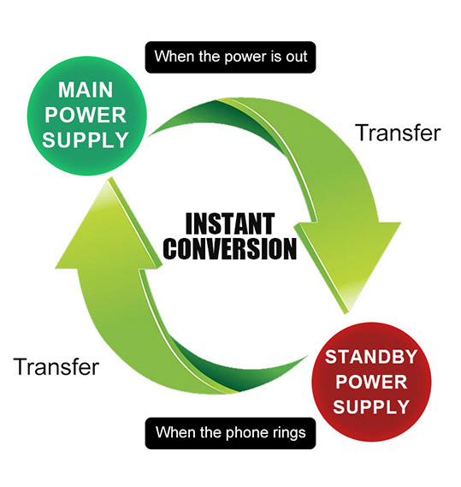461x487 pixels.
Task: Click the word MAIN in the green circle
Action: [x=86, y=90]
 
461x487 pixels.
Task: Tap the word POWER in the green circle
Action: [x=86, y=115]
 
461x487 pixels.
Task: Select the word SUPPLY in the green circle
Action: [x=86, y=140]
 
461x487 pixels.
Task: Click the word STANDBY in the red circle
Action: [x=371, y=357]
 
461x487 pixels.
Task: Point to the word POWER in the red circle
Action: [x=371, y=382]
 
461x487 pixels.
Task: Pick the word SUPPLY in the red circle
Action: [x=371, y=407]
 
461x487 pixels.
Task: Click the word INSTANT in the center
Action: [x=230, y=223]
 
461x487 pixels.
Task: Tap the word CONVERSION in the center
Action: [x=230, y=248]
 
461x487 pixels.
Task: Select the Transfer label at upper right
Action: [x=399, y=133]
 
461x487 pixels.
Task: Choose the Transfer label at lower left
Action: [x=56, y=366]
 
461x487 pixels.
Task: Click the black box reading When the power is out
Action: [x=230, y=57]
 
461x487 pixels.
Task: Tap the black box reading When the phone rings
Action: [x=230, y=433]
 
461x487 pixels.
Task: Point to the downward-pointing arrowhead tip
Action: [x=345, y=313]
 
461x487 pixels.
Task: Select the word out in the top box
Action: [x=297, y=57]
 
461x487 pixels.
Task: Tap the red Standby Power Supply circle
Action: [x=371, y=382]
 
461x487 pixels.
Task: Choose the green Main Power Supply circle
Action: [x=86, y=116]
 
